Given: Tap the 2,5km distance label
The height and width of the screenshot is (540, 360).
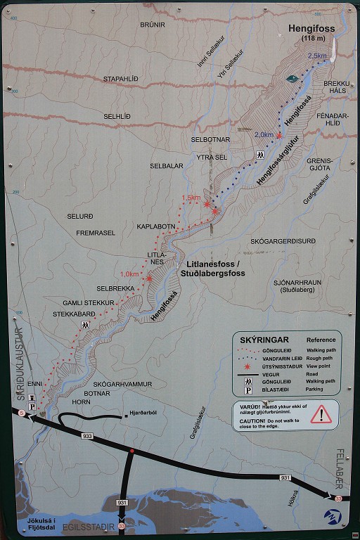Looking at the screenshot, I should pyautogui.click(x=317, y=56).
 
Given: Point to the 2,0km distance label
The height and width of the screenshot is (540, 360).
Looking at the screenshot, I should pyautogui.click(x=264, y=134).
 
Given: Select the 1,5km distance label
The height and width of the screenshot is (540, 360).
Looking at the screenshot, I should pyautogui.click(x=191, y=198).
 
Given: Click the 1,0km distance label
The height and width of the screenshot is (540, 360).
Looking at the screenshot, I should pyautogui.click(x=129, y=274).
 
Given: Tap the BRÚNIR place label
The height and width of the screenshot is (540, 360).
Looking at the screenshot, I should pyautogui.click(x=152, y=24).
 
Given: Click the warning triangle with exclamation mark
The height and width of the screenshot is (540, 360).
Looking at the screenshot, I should pyautogui.click(x=321, y=413).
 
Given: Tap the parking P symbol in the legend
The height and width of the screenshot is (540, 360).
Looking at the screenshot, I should pyautogui.click(x=248, y=390).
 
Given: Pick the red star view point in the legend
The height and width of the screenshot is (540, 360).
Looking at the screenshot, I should pyautogui.click(x=248, y=366).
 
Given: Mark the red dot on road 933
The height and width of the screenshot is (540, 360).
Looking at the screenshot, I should pyautogui.click(x=131, y=451).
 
